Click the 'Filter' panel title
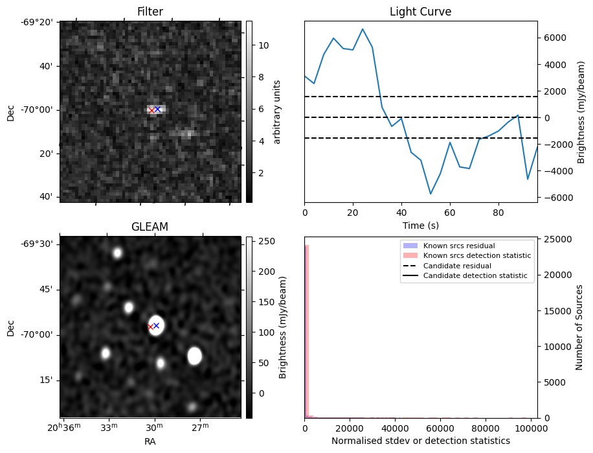tap(150, 12)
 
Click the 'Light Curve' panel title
tap(420, 12)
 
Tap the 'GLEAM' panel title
tap(150, 227)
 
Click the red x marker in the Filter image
tap(151, 111)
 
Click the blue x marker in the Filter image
tap(157, 109)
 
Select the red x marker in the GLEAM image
tap(150, 327)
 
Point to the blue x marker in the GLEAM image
tap(156, 325)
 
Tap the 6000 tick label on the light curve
tap(555, 38)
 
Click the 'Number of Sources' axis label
tap(580, 327)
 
